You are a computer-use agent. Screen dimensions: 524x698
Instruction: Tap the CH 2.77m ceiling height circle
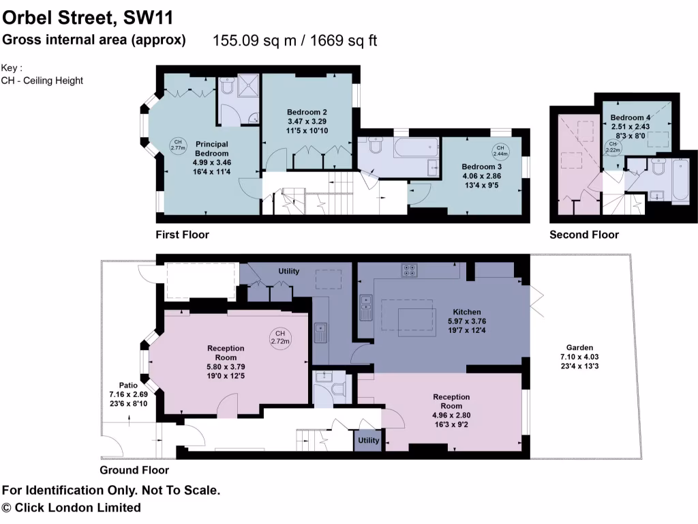point(177,144)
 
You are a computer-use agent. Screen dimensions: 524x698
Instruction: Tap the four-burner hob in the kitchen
point(411,270)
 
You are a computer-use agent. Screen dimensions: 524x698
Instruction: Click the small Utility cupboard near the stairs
point(369,441)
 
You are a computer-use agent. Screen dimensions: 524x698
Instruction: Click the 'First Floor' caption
point(182,235)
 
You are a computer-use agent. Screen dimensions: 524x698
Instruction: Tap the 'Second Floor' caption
point(584,235)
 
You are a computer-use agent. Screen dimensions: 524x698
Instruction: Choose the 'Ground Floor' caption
point(134,470)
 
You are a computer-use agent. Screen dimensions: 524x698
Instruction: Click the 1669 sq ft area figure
point(344,41)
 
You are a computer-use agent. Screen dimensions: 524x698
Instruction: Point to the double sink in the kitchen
point(366,307)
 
